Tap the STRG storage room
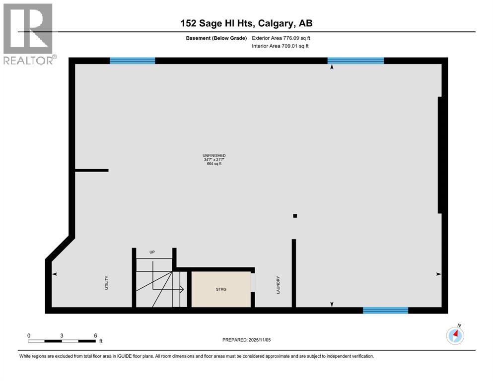[x=221, y=289]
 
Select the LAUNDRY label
[x=279, y=285]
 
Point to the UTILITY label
[x=107, y=283]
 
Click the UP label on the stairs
[x=152, y=253]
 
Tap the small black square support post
[x=295, y=216]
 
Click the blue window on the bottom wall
[x=385, y=311]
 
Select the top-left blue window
[x=132, y=61]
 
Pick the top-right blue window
[x=355, y=61]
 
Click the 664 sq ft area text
[x=213, y=164]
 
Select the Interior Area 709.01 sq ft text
[x=281, y=46]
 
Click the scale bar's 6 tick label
[x=95, y=336]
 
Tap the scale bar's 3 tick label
[x=62, y=336]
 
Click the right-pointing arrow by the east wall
[x=438, y=274]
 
